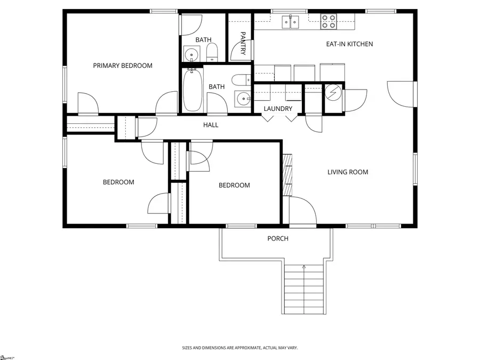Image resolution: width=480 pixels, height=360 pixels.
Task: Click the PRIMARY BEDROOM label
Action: point(123,66)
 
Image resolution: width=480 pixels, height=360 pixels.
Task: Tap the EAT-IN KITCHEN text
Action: point(349,44)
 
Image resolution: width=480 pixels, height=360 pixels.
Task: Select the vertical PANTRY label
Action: point(243,43)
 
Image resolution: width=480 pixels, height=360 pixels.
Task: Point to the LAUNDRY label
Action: point(278,109)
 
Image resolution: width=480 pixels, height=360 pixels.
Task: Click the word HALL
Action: point(211,125)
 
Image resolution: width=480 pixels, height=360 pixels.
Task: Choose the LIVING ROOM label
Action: point(348,172)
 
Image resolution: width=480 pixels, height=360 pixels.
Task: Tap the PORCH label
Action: point(278,238)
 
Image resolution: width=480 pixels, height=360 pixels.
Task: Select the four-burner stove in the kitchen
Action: point(328,22)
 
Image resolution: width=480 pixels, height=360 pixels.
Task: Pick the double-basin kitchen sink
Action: point(291,22)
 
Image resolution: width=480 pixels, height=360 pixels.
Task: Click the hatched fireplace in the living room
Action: point(287,175)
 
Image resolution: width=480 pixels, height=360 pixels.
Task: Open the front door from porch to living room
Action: point(302,211)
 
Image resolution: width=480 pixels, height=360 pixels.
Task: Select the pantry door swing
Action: point(237,53)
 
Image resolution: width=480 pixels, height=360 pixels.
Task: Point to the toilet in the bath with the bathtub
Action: point(241,81)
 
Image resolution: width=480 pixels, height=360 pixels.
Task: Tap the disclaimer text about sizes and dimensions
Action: point(239,348)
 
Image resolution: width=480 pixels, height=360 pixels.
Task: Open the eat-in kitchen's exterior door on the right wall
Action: point(401,94)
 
